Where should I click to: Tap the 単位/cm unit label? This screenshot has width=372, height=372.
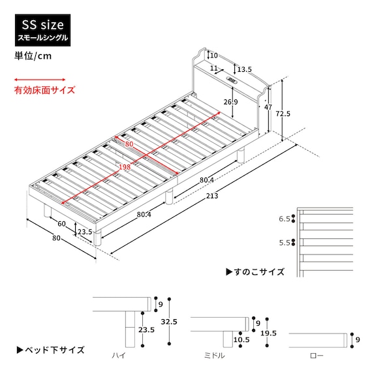coord(32,55)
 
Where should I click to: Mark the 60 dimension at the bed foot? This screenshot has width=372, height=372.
coord(62,224)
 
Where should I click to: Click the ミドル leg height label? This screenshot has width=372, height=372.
coord(214,356)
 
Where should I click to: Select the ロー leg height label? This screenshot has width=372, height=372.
coord(316,356)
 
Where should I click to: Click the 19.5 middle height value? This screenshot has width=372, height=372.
coord(268,333)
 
